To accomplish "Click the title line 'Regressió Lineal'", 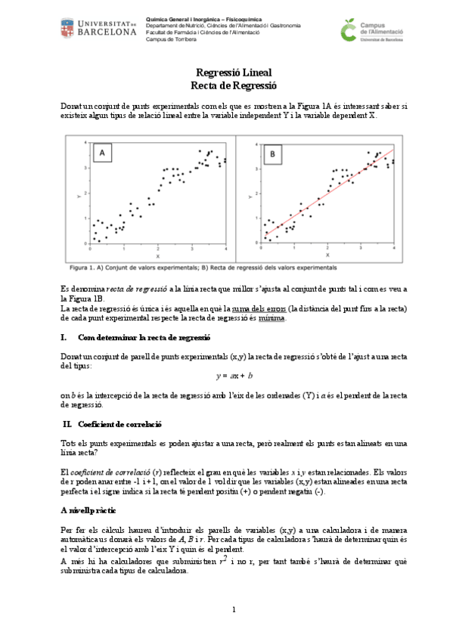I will (x=229, y=73).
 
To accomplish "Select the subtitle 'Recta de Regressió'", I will (x=229, y=86).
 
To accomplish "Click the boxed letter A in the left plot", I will (x=102, y=155).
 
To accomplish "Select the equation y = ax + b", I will (x=234, y=376).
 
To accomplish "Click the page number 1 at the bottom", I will (x=234, y=609).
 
